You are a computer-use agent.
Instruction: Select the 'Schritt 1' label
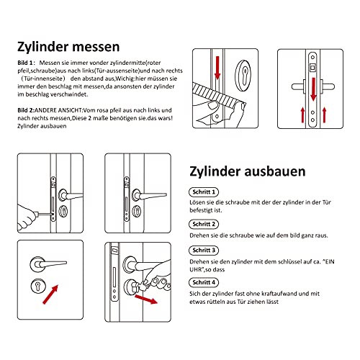(204, 193)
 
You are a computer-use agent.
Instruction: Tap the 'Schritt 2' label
(204, 224)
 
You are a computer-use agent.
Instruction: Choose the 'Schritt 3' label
(204, 250)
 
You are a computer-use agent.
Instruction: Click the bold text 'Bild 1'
(27, 64)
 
